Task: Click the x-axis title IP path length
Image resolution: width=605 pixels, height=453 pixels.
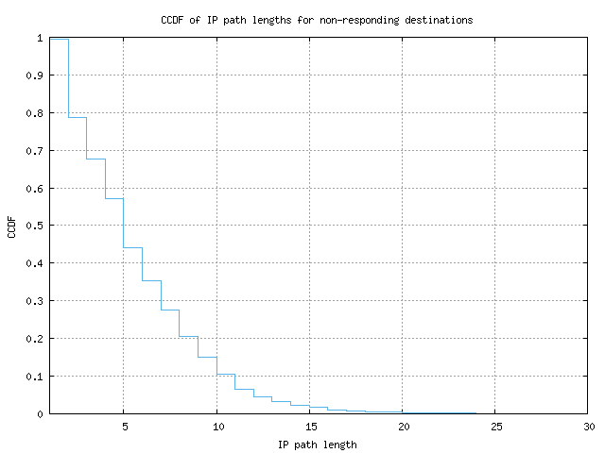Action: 318,444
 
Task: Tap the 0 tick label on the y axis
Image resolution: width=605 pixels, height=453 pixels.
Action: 41,413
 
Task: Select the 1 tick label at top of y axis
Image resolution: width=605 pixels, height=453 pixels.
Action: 41,38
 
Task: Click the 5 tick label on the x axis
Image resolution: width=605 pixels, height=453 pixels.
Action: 124,427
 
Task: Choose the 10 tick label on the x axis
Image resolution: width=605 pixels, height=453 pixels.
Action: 217,427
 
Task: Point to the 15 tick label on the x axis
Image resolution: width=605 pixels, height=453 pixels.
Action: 310,427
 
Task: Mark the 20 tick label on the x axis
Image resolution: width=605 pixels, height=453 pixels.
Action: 404,427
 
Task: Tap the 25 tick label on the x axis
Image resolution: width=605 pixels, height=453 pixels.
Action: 496,427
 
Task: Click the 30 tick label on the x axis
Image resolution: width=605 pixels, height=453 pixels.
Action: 589,427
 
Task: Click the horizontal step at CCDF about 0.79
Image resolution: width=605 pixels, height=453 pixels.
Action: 78,117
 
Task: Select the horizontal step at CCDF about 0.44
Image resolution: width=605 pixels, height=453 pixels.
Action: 133,247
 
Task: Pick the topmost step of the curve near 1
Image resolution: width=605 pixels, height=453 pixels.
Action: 59,39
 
